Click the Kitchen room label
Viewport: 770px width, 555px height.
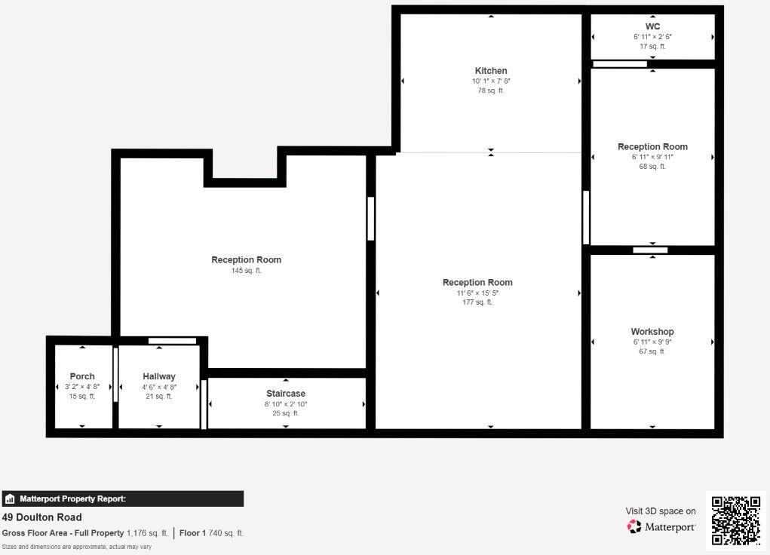(491, 71)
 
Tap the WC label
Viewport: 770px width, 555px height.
(652, 26)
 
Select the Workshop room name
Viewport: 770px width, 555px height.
(652, 332)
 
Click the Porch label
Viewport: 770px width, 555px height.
(82, 376)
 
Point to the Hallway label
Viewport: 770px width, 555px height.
(159, 376)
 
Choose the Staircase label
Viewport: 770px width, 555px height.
(286, 394)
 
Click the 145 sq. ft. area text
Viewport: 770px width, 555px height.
(246, 271)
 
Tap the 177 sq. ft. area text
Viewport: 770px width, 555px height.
(477, 302)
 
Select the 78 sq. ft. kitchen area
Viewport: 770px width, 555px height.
(491, 90)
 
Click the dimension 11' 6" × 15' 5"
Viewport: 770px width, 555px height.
(477, 293)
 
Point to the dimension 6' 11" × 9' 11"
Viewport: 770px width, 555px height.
(652, 157)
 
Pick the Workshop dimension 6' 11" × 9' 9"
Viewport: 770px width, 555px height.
(652, 342)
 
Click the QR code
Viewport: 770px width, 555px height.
(736, 520)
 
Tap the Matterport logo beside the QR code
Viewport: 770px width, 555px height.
(661, 526)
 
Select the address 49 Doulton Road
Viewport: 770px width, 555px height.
(42, 517)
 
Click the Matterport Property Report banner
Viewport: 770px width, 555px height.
(122, 498)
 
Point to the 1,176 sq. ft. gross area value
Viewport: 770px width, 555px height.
(147, 533)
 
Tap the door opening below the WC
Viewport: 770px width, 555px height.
(620, 64)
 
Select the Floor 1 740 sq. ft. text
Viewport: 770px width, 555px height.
(211, 533)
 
